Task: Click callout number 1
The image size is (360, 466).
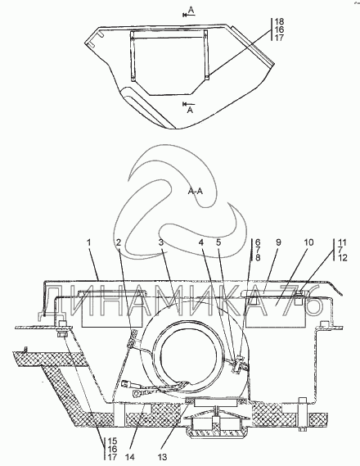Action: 89,242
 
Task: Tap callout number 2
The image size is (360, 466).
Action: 119,242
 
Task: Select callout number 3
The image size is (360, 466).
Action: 161,242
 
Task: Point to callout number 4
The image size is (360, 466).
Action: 201,242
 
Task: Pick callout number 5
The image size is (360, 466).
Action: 218,242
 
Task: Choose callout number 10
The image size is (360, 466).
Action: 308,242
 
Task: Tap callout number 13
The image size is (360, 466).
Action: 164,457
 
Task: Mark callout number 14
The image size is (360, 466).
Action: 131,457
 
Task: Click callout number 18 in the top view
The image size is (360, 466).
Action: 279,21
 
